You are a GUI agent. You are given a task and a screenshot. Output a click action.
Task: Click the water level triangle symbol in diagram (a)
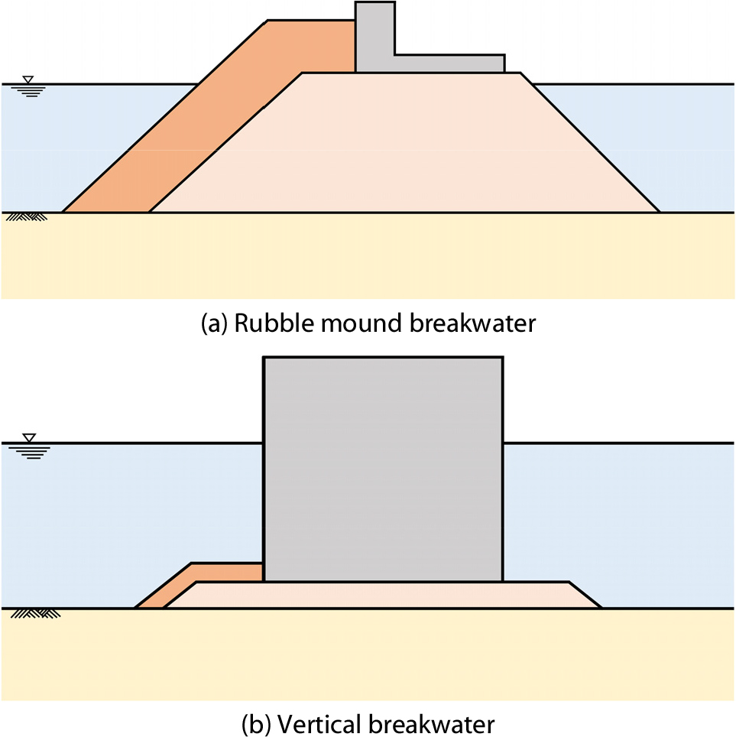28,80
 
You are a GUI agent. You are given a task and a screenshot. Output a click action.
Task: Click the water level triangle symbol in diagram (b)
28,438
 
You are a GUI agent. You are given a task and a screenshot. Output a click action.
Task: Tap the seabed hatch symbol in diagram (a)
27,217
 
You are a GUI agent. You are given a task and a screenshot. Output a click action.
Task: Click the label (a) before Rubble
214,323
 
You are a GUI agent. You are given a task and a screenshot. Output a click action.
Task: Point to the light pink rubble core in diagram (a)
405,145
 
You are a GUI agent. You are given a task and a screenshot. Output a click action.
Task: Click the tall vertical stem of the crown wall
374,34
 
